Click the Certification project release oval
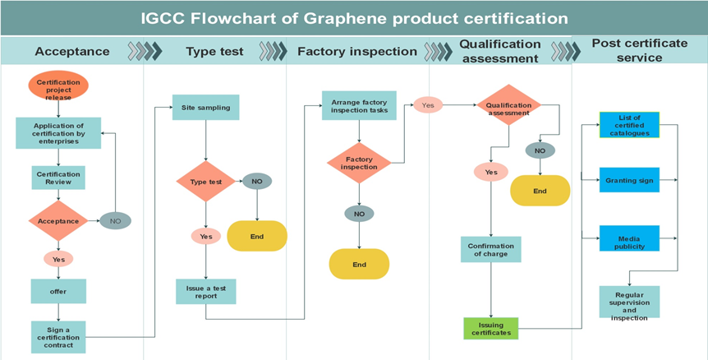(x=58, y=85)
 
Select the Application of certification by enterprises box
(x=58, y=132)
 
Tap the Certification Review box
(x=58, y=178)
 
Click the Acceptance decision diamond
(x=58, y=220)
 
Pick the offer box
(x=58, y=291)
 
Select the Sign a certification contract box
(x=58, y=335)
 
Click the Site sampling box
(x=206, y=108)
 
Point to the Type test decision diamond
(x=206, y=181)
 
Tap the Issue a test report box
(x=206, y=291)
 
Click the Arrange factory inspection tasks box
(x=359, y=108)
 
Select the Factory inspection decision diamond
(x=359, y=163)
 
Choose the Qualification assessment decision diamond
(x=509, y=108)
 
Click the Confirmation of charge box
(x=491, y=249)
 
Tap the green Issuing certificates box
(x=491, y=328)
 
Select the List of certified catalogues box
(x=629, y=126)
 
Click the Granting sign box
(x=629, y=179)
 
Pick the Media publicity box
(x=629, y=239)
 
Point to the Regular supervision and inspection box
(x=629, y=302)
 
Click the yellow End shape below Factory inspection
(x=359, y=264)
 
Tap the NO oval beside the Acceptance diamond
(x=115, y=220)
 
